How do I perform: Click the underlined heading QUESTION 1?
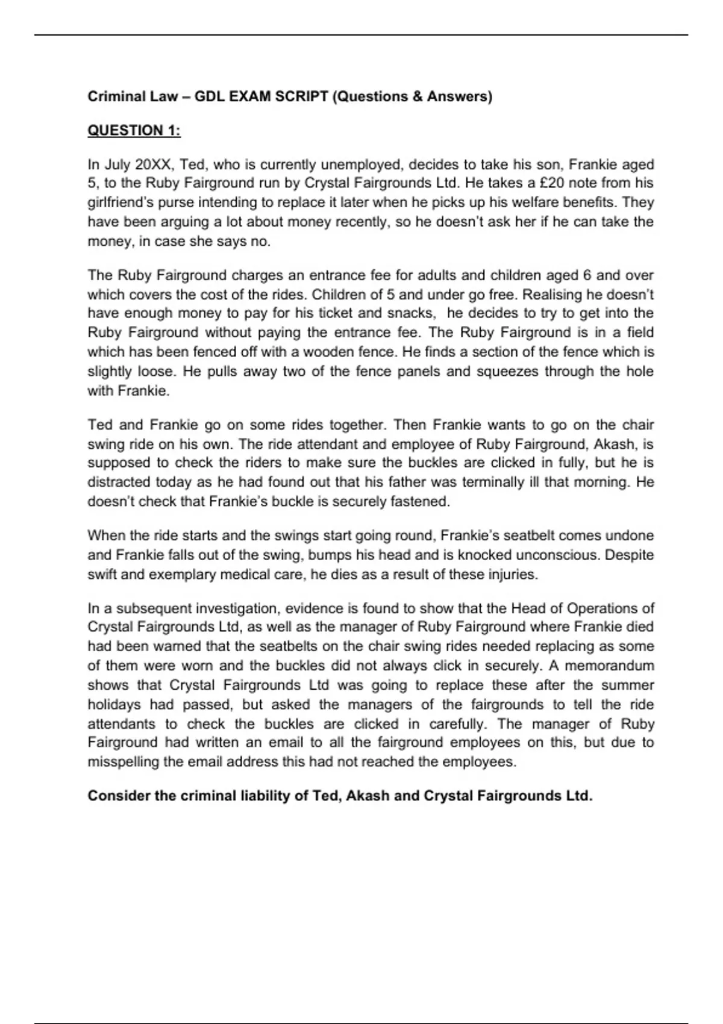click(x=134, y=131)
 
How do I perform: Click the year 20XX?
click(x=154, y=164)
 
